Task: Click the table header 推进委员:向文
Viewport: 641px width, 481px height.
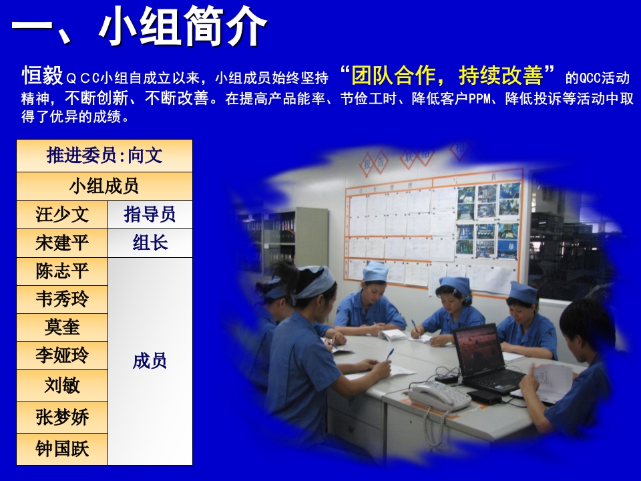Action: tap(105, 156)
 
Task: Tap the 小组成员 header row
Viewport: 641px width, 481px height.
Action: tap(105, 186)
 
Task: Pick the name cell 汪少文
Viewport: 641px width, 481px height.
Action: tap(62, 214)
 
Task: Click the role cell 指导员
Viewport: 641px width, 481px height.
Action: tap(150, 214)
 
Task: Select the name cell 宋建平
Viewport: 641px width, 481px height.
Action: tap(62, 243)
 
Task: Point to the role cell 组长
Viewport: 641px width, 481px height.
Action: tap(150, 243)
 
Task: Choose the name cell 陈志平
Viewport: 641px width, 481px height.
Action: tap(62, 272)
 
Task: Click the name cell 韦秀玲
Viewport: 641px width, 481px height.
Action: tap(62, 300)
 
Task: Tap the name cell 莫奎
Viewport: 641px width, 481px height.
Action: tap(62, 328)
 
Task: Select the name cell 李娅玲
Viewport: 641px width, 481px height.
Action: tap(62, 356)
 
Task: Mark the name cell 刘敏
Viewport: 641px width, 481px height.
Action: tap(62, 385)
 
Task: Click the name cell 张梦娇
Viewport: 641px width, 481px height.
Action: tap(62, 418)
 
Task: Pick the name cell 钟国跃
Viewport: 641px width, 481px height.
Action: tap(62, 449)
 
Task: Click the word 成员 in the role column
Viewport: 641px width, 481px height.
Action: tap(150, 361)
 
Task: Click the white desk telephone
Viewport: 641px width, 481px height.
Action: tap(437, 395)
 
